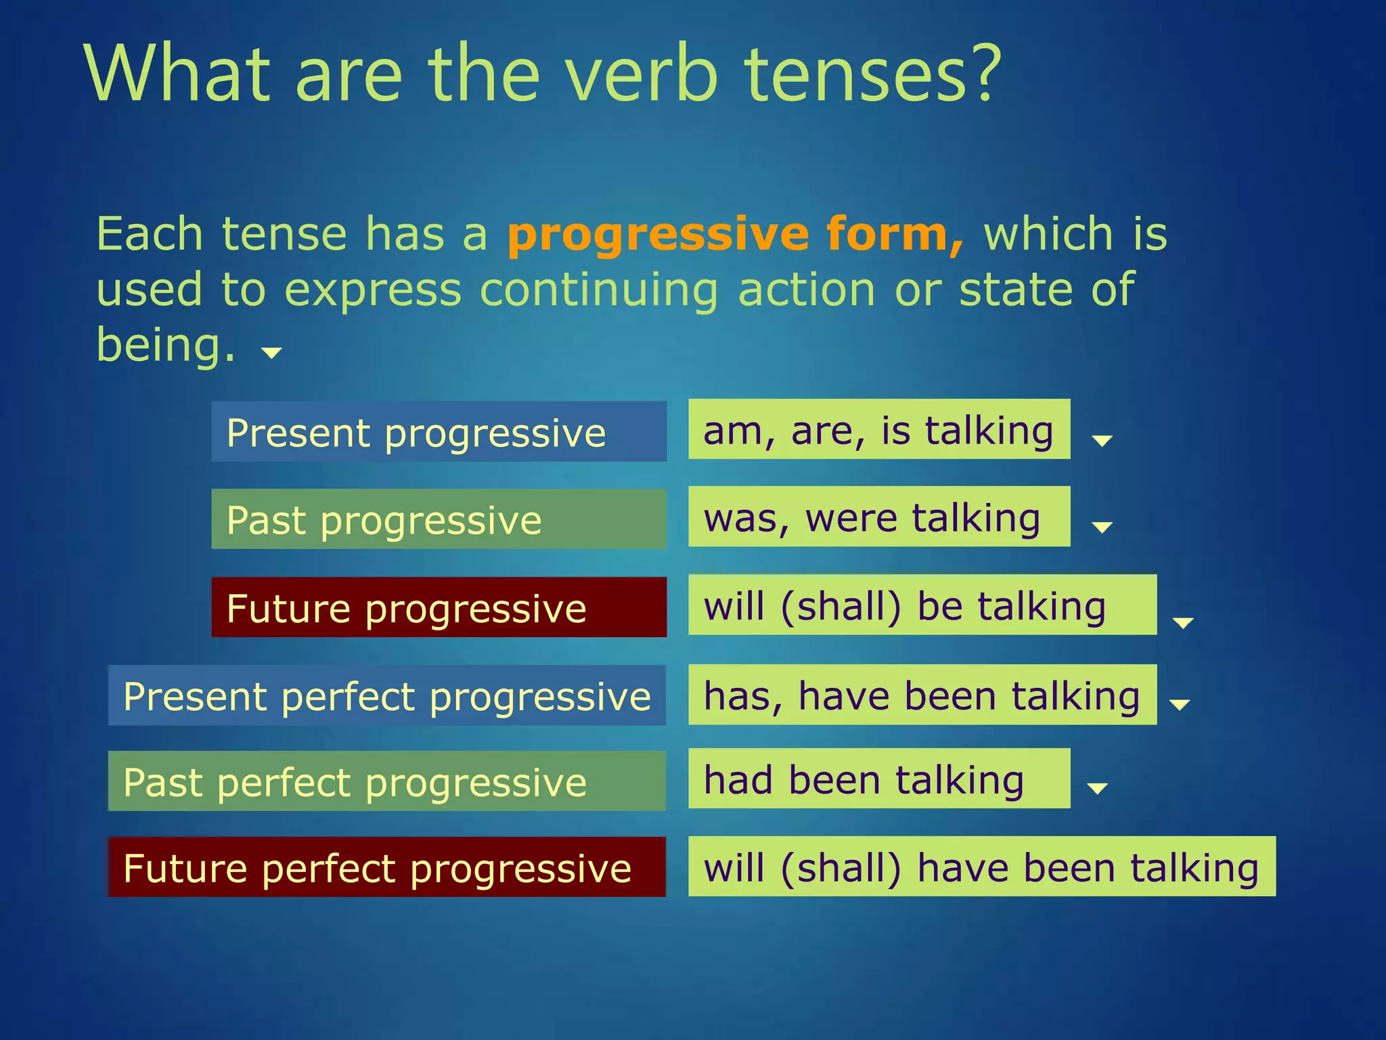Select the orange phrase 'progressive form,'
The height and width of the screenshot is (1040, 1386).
(x=735, y=234)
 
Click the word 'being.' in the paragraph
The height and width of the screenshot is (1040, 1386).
(x=166, y=345)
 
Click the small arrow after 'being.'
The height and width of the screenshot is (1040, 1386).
(x=271, y=353)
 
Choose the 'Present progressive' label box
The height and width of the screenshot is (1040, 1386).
(x=439, y=432)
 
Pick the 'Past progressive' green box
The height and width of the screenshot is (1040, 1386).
(x=439, y=519)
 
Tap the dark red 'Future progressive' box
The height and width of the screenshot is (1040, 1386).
(x=439, y=607)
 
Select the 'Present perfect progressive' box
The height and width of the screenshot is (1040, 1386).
(x=387, y=695)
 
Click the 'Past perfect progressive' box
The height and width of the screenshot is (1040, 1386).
(x=387, y=781)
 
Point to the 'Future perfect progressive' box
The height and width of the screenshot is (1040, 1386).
(x=387, y=867)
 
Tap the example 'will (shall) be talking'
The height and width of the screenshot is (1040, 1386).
(x=922, y=605)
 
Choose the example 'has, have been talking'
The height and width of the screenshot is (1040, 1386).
(x=922, y=695)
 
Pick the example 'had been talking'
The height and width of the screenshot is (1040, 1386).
(x=878, y=779)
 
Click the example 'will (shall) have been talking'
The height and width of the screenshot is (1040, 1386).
(x=981, y=867)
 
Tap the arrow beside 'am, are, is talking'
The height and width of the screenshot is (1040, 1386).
(x=1102, y=441)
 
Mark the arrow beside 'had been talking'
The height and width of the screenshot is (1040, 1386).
(x=1096, y=788)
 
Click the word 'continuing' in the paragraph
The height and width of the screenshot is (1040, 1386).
(x=598, y=290)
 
